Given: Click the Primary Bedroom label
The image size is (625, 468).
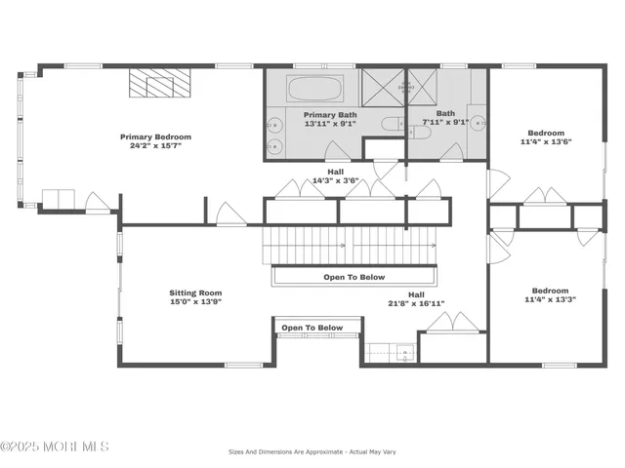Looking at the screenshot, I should point(155,137).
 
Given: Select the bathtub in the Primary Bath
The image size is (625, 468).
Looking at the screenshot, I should point(314,91).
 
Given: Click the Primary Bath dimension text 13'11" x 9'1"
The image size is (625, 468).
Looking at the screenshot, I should point(312,123).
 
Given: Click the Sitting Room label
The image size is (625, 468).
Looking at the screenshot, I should point(196,292).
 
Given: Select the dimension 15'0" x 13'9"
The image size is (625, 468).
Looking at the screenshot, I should point(196,302).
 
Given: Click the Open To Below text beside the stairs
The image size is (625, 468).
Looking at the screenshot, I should point(354,277).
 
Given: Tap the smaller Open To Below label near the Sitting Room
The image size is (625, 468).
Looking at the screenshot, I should point(312,328).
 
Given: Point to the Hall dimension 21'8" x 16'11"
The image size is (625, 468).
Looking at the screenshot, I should point(416,303).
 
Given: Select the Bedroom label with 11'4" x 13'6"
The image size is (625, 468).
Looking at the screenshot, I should point(546,133).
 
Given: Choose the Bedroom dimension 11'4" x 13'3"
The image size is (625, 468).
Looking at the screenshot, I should point(549,300).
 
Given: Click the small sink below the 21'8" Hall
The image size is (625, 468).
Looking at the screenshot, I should point(391,353).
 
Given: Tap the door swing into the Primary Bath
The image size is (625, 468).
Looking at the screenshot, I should point(336,150).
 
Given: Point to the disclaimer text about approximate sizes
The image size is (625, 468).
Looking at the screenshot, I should point(312,451).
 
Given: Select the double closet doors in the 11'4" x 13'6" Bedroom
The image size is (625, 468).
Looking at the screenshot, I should point(545,196).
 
